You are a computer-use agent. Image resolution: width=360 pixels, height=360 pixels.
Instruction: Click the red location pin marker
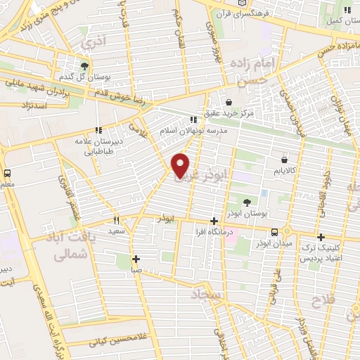coord(181,165)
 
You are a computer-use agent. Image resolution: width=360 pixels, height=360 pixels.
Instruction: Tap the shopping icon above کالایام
coord(283,160)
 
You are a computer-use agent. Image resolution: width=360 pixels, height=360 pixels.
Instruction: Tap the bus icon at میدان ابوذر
coord(275,233)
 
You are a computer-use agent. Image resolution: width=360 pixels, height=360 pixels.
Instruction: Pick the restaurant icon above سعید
coord(117,219)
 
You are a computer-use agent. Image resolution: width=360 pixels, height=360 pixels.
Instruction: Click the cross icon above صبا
coord(136,258)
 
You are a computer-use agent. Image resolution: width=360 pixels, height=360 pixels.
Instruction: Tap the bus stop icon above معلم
coord(7,173)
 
